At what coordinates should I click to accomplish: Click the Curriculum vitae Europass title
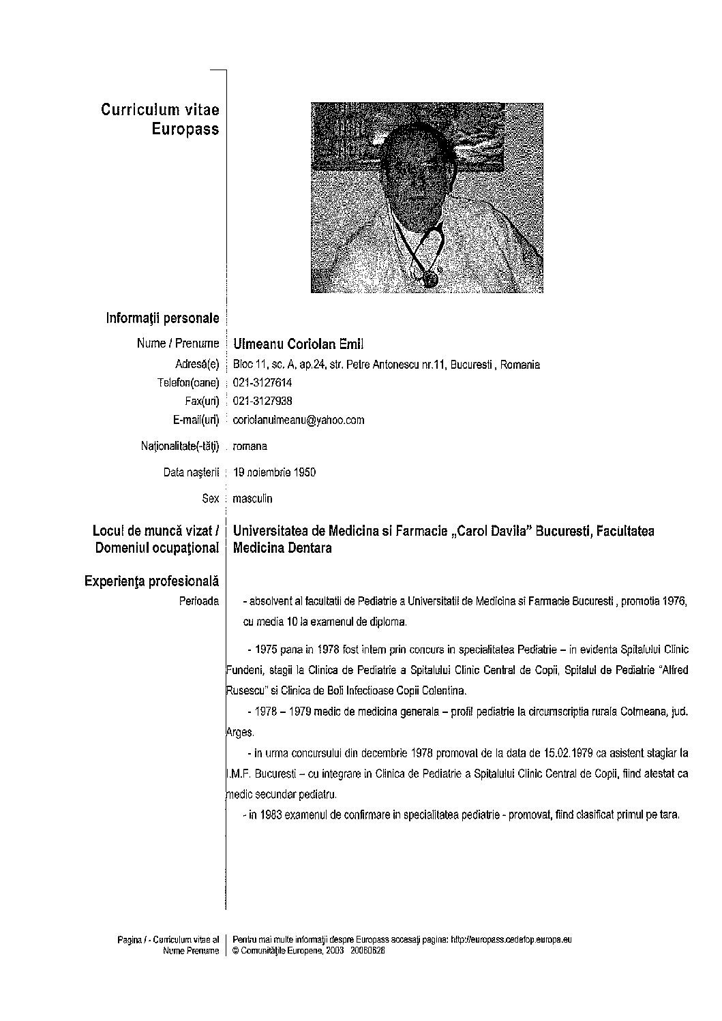coord(160,119)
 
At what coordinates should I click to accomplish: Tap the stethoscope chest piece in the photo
coord(430,278)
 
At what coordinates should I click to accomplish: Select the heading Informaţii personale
coord(162,318)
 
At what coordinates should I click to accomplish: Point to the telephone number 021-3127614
coord(262,383)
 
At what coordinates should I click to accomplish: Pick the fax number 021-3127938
coord(262,401)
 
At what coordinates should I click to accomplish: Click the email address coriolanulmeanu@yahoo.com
coord(299,420)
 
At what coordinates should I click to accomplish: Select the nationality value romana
coord(250,446)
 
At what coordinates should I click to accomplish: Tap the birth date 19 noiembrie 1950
coord(274,472)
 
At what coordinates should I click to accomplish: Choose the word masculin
coord(252,499)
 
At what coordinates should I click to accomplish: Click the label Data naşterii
coord(191,472)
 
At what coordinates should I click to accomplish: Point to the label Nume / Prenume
coord(178,344)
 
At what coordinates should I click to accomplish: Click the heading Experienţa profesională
coord(151,581)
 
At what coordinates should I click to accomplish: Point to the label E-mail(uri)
coord(196,420)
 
